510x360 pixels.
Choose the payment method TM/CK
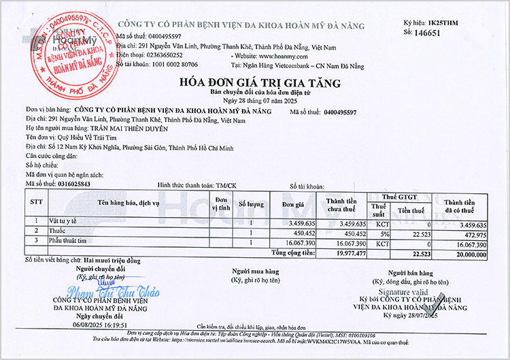[x=226, y=184]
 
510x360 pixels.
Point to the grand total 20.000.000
[x=466, y=252]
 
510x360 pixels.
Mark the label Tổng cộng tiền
[x=293, y=252]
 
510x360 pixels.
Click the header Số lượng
[x=250, y=204]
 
